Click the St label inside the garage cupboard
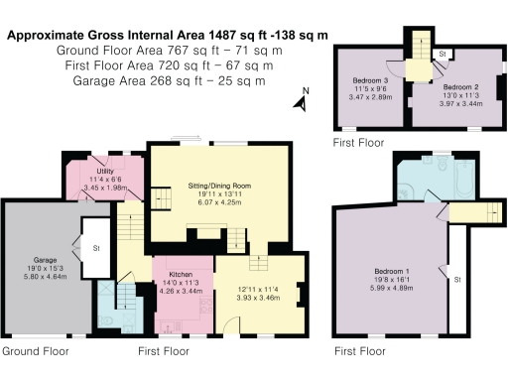point(97,248)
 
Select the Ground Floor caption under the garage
point(35,352)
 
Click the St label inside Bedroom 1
point(457,281)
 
